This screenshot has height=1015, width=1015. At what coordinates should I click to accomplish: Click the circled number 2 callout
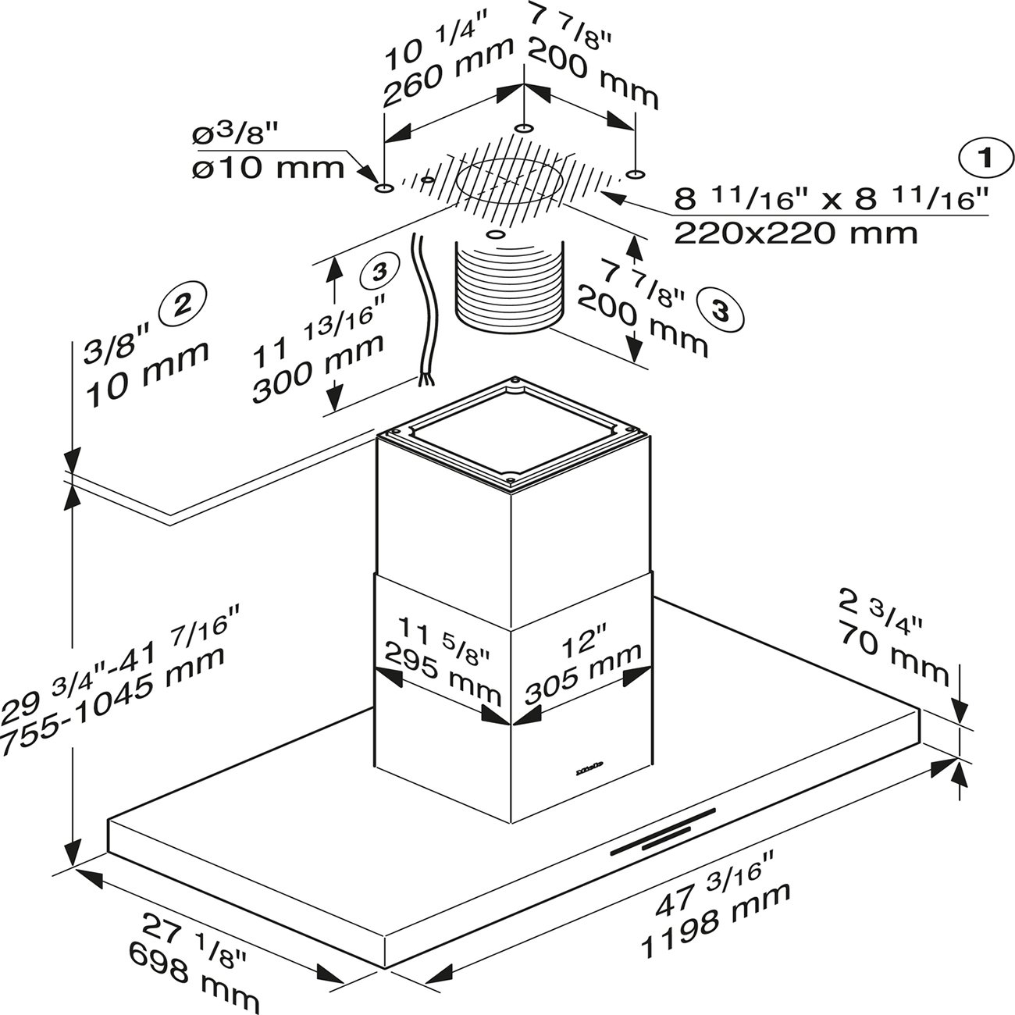(183, 304)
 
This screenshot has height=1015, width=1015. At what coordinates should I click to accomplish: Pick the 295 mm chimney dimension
(443, 675)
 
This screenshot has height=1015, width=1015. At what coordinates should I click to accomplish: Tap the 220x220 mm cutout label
(796, 233)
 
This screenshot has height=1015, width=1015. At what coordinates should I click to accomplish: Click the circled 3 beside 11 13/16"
(379, 272)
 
